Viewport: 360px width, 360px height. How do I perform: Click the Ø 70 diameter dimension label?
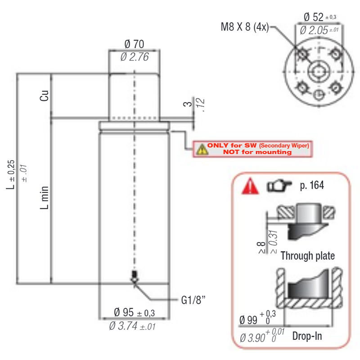134,44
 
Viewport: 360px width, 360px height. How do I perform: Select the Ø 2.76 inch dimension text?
135,57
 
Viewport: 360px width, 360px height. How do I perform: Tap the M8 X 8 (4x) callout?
245,27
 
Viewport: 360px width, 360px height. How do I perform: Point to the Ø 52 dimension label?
320,17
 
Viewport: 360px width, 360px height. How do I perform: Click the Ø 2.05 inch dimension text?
319,30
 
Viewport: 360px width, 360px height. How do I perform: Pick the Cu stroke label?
44,95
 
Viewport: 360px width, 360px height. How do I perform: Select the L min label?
44,198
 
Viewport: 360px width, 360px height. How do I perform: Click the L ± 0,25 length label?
10,175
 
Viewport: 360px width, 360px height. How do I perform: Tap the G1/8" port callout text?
193,300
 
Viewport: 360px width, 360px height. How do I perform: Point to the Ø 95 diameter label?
134,312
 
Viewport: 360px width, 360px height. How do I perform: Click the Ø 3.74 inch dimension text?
132,326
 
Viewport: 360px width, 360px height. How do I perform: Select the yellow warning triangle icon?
202,149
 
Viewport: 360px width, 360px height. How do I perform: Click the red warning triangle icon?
250,186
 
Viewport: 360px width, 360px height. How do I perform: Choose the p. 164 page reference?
312,185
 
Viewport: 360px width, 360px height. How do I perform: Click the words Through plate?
308,256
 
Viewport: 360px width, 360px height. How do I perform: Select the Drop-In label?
307,336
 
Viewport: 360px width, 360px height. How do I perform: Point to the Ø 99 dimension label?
257,318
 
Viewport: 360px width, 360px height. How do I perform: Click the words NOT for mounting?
257,152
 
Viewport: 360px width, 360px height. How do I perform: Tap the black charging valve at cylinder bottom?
134,274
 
